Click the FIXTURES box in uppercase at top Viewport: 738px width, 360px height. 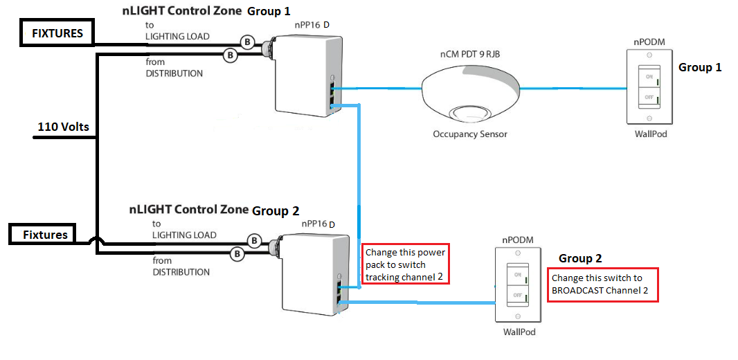(57, 33)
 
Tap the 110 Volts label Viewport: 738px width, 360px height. (63, 127)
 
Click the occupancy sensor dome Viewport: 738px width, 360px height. (471, 90)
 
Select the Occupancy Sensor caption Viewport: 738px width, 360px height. (470, 134)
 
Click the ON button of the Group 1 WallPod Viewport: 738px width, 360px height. (649, 78)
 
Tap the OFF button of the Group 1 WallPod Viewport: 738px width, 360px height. (649, 98)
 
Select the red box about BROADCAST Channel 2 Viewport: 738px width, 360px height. (603, 285)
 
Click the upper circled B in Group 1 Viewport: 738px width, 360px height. (246, 41)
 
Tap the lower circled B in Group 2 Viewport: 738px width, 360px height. (237, 254)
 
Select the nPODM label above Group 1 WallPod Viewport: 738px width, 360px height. (649, 42)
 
